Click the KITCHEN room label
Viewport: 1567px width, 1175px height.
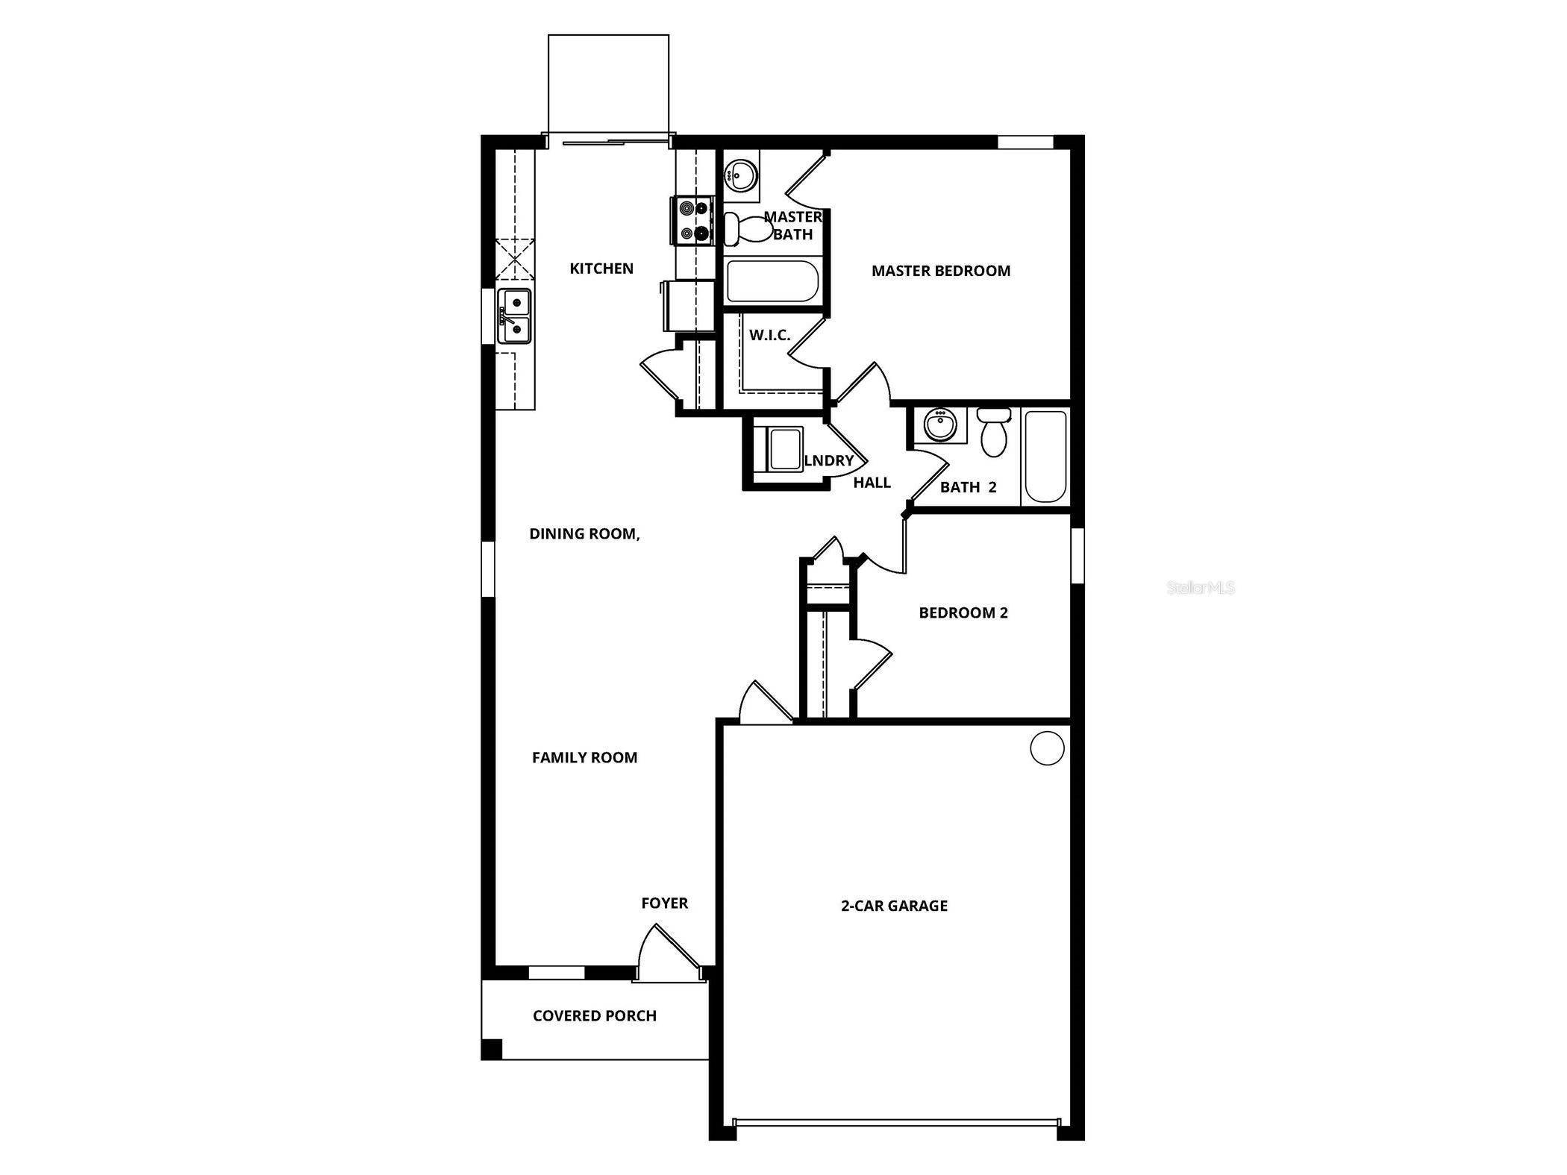pyautogui.click(x=601, y=269)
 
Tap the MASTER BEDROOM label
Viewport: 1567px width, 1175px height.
pyautogui.click(x=940, y=271)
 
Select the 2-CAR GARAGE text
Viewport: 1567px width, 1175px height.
pyautogui.click(x=894, y=906)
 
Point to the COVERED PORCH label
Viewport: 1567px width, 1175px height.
pyautogui.click(x=595, y=1016)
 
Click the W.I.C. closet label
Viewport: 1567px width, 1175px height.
pyautogui.click(x=769, y=335)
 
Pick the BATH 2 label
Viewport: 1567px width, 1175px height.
pyautogui.click(x=968, y=487)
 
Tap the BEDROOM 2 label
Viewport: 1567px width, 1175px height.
pyautogui.click(x=963, y=612)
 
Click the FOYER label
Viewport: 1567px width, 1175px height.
pyautogui.click(x=664, y=903)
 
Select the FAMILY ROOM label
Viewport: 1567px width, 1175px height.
pyautogui.click(x=584, y=758)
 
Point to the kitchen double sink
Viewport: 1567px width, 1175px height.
pyautogui.click(x=515, y=316)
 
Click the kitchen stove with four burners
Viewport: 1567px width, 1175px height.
pyautogui.click(x=694, y=221)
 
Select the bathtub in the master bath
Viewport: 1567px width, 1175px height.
pyautogui.click(x=772, y=281)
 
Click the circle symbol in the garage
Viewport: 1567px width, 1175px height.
pyautogui.click(x=1046, y=748)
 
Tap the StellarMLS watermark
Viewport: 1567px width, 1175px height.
pyautogui.click(x=1200, y=588)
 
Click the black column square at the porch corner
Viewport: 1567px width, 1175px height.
pyautogui.click(x=492, y=1048)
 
